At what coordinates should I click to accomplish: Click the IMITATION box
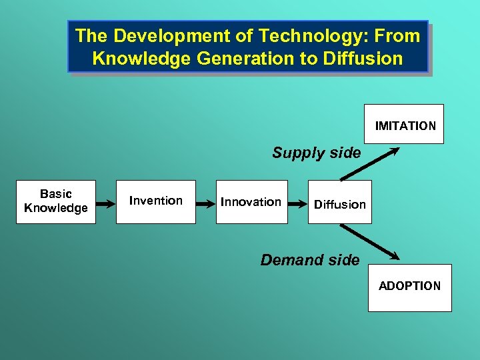coord(405,125)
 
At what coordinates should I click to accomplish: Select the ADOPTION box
coord(409,287)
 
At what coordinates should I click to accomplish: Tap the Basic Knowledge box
coord(56,201)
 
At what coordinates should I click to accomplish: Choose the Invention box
coord(156,201)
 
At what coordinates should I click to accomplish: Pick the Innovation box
coord(251,201)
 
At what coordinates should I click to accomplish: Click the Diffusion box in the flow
coord(340,204)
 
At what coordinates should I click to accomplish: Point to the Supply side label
coord(316,153)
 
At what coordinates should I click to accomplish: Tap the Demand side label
coord(309,260)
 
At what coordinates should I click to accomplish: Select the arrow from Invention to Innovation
coord(205,202)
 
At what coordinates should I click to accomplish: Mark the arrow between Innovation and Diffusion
coord(298,202)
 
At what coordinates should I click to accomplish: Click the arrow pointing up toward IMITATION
coord(369,163)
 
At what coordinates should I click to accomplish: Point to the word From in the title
coord(398,36)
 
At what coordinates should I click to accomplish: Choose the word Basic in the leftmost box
coord(56,194)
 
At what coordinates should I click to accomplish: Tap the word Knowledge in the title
coord(141,59)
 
